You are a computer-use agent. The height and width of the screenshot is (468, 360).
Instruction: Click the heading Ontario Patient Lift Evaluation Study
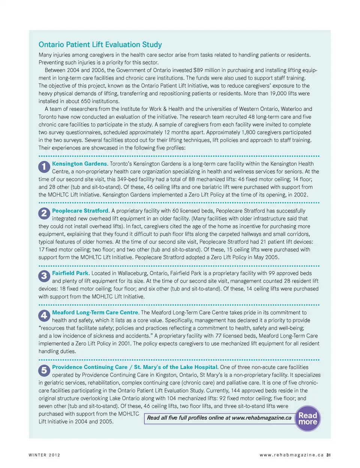tap(100, 45)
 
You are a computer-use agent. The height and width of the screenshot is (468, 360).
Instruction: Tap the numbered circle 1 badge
tap(44, 166)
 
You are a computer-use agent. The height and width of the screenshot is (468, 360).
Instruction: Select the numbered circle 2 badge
tap(44, 213)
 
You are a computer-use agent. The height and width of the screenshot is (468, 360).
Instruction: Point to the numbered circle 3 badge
tap(44, 276)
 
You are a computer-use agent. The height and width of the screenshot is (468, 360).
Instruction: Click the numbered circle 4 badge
tap(44, 315)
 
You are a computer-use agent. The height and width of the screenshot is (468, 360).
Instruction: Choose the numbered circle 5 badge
tap(44, 370)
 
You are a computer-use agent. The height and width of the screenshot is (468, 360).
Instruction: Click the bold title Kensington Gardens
tap(79, 164)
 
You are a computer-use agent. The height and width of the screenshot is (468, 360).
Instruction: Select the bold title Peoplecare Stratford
tap(80, 211)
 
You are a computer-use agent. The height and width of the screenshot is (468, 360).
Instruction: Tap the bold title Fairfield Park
tap(70, 273)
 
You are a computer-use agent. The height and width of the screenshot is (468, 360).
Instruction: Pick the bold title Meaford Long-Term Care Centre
tap(95, 312)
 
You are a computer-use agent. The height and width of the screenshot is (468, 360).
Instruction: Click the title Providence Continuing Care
tap(90, 367)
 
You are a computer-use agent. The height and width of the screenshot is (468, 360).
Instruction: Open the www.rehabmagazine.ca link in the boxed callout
tap(261, 418)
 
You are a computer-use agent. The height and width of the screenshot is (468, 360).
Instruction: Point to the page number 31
tap(328, 455)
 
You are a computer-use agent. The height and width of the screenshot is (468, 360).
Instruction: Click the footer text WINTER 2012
tap(44, 455)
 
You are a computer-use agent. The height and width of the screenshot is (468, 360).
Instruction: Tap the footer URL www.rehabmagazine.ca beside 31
tap(291, 455)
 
